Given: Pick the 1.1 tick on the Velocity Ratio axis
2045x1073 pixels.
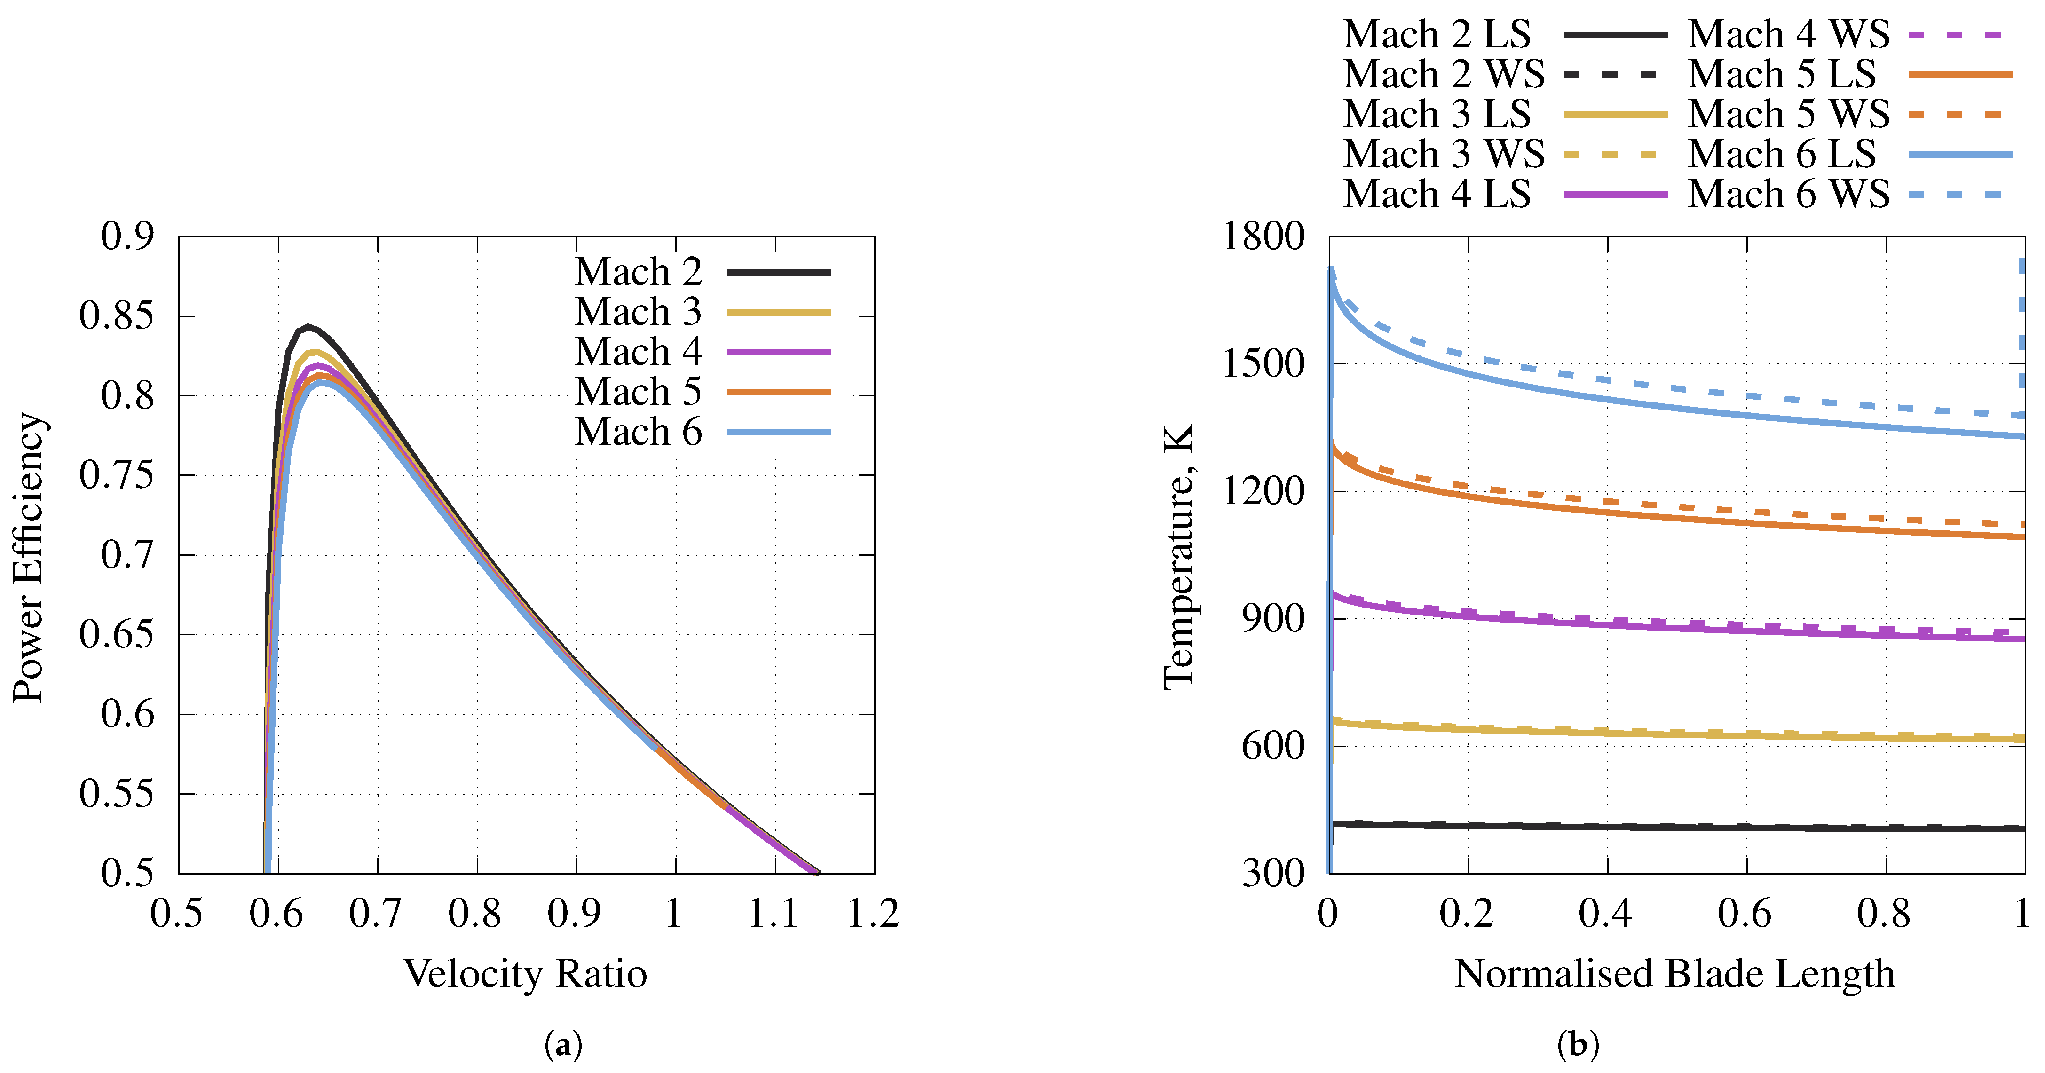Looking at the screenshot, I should pos(773,914).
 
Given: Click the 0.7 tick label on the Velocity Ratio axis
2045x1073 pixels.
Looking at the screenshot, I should pos(376,914).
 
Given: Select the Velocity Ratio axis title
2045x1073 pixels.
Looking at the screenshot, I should pos(526,974).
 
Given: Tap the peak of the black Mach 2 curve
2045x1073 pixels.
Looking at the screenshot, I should pos(308,327).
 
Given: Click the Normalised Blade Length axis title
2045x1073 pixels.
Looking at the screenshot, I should pos(1675,974).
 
